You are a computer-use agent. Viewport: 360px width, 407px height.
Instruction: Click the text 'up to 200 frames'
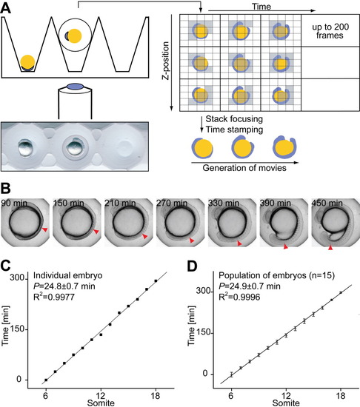[x=330, y=31]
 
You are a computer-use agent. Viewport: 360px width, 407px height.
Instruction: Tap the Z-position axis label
[x=165, y=60]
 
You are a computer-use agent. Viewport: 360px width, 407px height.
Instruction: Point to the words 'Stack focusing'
[x=234, y=119]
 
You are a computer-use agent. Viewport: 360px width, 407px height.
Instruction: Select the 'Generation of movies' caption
[x=244, y=168]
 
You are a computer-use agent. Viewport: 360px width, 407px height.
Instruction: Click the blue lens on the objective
[x=76, y=86]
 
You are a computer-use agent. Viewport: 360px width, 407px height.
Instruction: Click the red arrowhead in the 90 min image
[x=45, y=229]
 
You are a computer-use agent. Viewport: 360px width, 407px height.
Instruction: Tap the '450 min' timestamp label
[x=327, y=203]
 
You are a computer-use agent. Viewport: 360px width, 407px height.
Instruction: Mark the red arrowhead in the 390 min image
[x=286, y=246]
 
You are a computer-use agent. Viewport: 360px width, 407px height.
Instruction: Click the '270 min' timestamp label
[x=172, y=203]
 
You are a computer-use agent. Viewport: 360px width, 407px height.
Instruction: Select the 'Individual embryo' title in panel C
[x=68, y=275]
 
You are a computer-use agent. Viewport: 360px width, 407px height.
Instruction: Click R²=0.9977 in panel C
[x=54, y=297]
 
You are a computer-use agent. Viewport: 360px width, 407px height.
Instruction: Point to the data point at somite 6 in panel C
[x=46, y=380]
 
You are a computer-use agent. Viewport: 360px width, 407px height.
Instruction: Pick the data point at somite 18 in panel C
[x=156, y=281]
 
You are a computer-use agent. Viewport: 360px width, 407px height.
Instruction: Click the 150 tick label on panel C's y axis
[x=17, y=329]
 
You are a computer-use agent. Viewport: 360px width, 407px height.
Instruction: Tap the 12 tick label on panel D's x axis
[x=286, y=396]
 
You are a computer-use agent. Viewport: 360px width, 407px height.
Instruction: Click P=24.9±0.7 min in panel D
[x=250, y=286]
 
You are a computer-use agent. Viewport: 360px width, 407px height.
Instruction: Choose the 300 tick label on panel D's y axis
[x=204, y=292]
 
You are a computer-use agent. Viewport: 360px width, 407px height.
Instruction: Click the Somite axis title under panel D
[x=286, y=403]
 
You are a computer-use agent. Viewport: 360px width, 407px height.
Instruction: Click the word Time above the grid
[x=261, y=7]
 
